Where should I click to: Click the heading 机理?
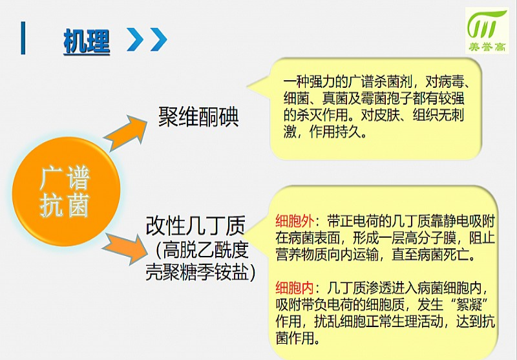point(87,41)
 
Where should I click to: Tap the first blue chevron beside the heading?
point(135,39)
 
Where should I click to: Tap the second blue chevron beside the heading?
point(158,39)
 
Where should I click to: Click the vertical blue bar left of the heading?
point(23,38)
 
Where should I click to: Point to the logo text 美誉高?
point(487,47)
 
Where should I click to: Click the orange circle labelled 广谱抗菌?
point(66,191)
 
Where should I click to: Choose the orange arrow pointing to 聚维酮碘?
point(126,132)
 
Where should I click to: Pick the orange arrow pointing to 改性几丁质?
point(125,248)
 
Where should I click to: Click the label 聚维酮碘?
point(198,117)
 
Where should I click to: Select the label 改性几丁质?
point(196,226)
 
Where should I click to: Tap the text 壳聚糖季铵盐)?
point(201,272)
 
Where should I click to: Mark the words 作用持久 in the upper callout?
point(335,132)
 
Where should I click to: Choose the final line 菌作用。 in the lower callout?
point(298,338)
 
